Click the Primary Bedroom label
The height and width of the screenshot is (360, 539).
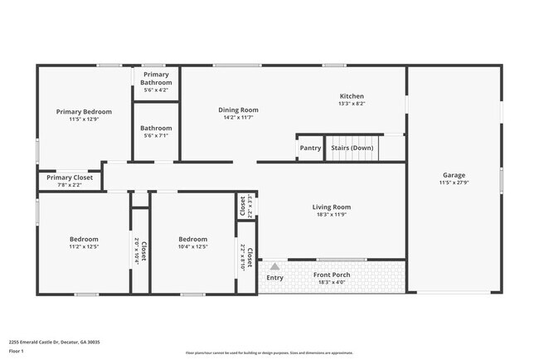[x=84, y=111]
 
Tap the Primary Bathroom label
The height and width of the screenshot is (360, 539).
[x=156, y=79]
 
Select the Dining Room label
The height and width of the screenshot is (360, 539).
[x=239, y=109]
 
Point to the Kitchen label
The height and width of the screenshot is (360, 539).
[x=352, y=96]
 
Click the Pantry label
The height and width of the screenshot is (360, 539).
[x=310, y=148]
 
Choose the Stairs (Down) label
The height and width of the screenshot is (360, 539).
[x=352, y=148]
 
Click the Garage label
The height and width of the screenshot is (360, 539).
[x=454, y=175]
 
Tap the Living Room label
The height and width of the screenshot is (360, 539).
[x=331, y=207]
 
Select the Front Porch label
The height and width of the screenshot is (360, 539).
[x=331, y=275]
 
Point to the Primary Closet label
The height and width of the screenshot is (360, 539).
[x=70, y=178]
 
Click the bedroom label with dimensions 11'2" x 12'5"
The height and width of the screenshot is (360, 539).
[x=84, y=239]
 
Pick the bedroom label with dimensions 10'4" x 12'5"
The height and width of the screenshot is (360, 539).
[x=193, y=239]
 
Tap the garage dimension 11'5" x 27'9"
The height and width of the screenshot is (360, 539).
[x=454, y=183]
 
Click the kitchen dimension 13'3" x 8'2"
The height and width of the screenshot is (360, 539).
[x=352, y=104]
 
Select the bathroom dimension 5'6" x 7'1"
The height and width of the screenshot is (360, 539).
[x=156, y=136]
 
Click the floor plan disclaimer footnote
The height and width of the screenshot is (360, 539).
[x=269, y=352]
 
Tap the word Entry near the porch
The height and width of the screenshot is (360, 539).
[x=274, y=278]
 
